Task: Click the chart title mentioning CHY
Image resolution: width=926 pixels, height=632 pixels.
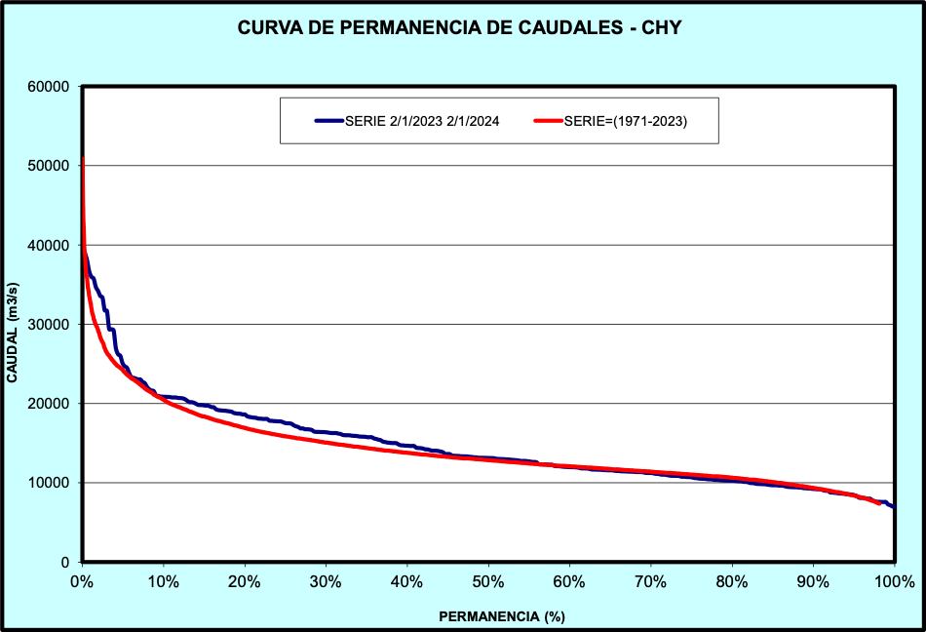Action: point(459,28)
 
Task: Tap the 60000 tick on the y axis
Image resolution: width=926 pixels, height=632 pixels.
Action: point(48,87)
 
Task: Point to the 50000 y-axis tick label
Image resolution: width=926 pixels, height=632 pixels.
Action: point(48,166)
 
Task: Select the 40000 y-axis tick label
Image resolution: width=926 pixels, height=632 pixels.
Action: point(48,246)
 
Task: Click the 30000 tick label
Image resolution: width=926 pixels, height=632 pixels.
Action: point(48,325)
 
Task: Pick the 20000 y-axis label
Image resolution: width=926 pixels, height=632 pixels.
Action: point(48,404)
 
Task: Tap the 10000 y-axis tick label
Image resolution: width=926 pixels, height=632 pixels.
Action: point(48,484)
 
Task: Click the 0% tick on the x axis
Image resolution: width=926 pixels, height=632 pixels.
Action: point(83,582)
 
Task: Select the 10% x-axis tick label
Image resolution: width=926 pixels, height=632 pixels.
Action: point(164,582)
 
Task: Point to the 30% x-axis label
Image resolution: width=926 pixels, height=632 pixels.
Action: point(326,582)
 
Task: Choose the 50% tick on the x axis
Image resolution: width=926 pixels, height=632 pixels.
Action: point(488,582)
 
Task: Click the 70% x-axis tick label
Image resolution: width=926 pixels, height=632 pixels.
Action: point(650,582)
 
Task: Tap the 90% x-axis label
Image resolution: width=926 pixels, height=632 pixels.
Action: point(813,582)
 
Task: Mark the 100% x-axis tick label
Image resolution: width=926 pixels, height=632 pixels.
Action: point(894,582)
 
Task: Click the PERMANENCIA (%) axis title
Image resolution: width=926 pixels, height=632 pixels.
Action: point(502,616)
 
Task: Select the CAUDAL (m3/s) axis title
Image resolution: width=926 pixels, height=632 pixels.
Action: point(13,325)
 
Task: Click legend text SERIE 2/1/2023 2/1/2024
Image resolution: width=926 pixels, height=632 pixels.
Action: point(422,122)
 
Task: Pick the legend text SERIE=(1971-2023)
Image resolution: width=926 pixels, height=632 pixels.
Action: point(626,122)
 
